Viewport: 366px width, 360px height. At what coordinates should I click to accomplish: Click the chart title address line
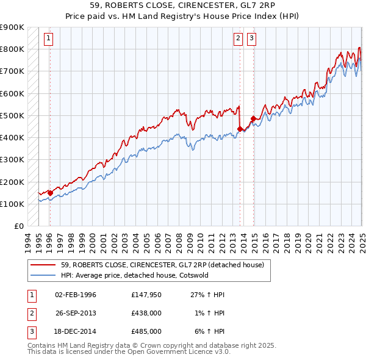[x=182, y=5]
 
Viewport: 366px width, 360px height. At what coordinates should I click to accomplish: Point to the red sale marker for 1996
[x=50, y=193]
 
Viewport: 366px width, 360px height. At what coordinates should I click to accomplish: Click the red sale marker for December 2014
[x=253, y=118]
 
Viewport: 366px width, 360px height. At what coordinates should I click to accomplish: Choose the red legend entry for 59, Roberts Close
[x=162, y=265]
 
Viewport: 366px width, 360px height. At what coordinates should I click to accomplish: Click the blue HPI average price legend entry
[x=143, y=275]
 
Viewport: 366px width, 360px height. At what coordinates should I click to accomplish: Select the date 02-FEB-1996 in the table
[x=76, y=295]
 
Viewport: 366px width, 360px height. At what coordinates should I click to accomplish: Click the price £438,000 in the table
[x=146, y=313]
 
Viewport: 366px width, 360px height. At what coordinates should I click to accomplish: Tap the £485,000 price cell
[x=146, y=331]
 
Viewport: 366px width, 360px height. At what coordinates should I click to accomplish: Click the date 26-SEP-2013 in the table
[x=76, y=313]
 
